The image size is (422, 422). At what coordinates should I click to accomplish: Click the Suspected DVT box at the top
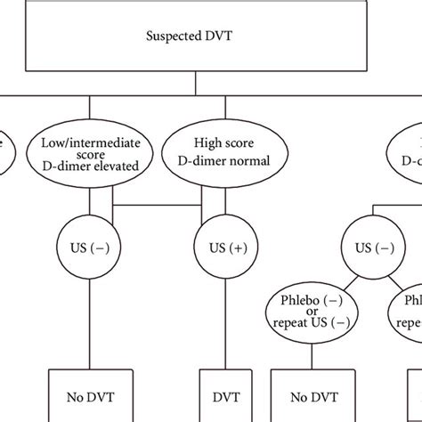click(x=195, y=37)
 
